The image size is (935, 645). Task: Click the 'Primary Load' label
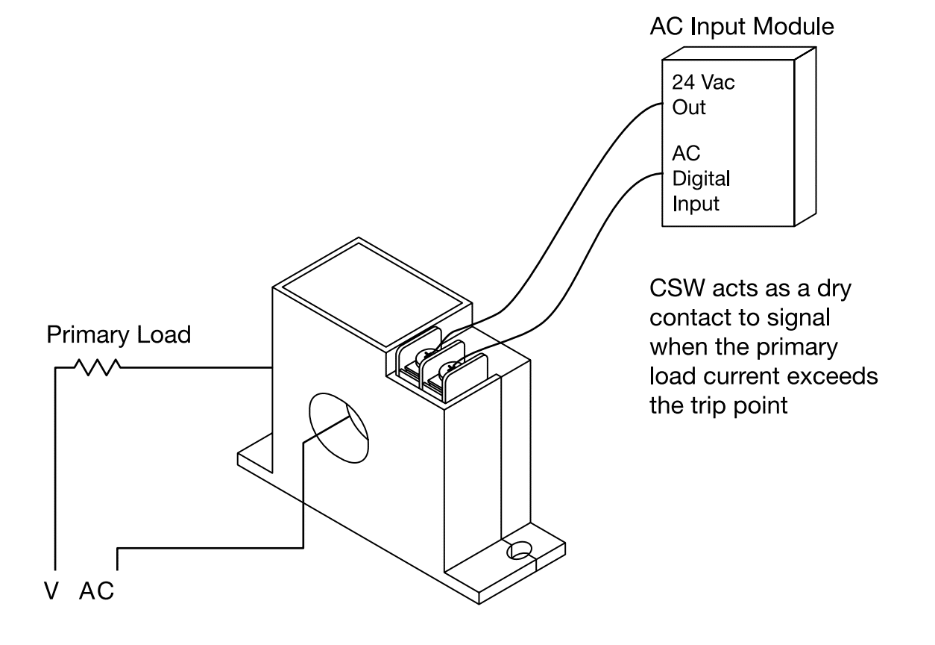[119, 335]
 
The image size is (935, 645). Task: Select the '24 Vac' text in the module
[702, 83]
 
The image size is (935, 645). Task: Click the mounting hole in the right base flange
[519, 551]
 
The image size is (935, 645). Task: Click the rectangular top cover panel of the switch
[373, 299]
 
